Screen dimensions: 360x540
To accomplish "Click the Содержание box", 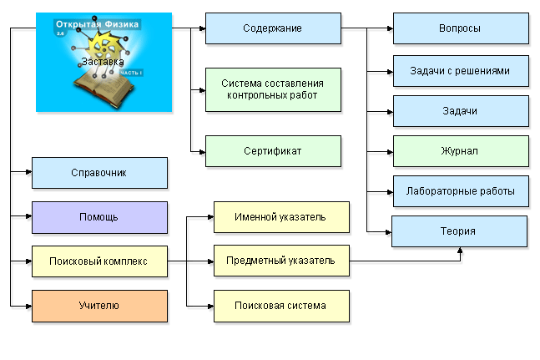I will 273,28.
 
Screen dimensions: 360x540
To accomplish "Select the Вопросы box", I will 460,28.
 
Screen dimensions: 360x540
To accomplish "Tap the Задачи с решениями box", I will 460,70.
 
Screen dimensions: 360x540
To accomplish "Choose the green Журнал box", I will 460,151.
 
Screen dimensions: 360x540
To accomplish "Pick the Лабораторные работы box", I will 460,191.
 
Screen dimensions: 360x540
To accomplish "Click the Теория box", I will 459,231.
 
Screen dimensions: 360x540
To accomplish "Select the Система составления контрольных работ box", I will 273,89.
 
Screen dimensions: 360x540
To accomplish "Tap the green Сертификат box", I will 273,151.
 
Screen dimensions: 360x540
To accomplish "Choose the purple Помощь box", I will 99,217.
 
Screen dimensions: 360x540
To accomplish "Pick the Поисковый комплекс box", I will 99,261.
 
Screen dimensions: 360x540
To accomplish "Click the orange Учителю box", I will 99,306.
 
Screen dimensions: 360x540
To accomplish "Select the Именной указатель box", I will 280,217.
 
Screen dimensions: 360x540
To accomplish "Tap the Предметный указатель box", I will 280,261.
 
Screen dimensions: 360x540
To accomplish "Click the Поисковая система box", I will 280,306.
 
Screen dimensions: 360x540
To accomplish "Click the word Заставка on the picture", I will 103,62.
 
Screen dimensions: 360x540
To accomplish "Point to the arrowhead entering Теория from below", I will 460,251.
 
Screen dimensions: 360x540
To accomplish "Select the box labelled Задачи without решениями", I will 460,111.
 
